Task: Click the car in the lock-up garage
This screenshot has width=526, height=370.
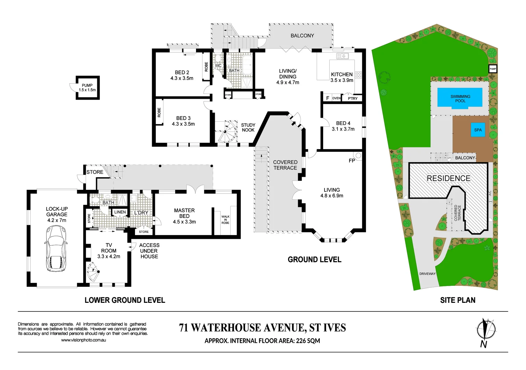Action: coord(56,249)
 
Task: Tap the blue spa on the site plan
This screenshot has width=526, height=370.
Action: coord(478,130)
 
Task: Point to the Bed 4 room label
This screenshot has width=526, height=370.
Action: coord(343,123)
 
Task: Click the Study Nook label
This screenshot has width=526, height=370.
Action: coord(248,127)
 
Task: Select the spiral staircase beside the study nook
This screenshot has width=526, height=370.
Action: coord(227,132)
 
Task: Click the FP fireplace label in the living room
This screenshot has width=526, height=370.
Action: coord(352,161)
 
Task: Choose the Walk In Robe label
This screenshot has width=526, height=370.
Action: coord(225,220)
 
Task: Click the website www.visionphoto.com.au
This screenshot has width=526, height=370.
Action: coord(83,340)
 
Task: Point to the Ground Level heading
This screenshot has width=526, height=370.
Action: coord(314,260)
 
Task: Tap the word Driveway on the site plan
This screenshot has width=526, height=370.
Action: coord(427,274)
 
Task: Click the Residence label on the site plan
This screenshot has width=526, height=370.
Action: coord(448,178)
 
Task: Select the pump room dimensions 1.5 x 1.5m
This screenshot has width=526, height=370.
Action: coord(87,90)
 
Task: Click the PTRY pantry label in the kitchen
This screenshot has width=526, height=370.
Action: coord(353,99)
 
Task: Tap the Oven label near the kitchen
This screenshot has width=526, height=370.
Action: coord(337,98)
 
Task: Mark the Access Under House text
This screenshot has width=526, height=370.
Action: coord(149,251)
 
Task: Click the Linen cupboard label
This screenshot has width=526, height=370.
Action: coord(120,212)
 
